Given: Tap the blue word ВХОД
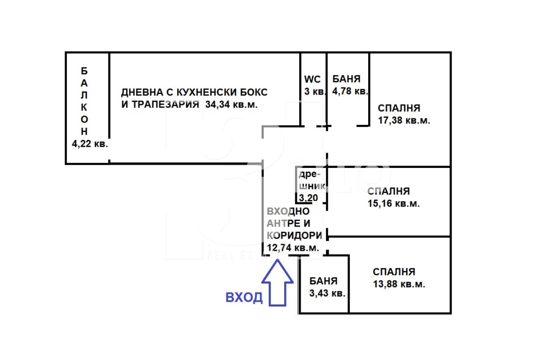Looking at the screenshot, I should [x=244, y=298].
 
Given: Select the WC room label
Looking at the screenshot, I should [x=313, y=79].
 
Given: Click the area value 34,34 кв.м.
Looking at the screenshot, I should [x=232, y=105].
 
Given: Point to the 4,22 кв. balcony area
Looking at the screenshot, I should [x=89, y=144].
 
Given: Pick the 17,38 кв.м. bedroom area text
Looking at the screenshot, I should [x=404, y=121].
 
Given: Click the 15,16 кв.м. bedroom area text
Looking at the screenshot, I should [x=393, y=204].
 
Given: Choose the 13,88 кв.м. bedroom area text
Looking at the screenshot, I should [x=399, y=284].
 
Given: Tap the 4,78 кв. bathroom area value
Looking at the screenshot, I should [x=350, y=91].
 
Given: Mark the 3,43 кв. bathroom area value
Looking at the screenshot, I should [x=327, y=294].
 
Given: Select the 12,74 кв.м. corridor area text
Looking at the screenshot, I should [x=293, y=248].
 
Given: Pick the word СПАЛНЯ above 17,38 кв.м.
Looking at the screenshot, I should [x=399, y=108].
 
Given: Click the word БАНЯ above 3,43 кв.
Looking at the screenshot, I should [x=323, y=281].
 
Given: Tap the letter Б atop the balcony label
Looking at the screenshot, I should [x=84, y=71].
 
